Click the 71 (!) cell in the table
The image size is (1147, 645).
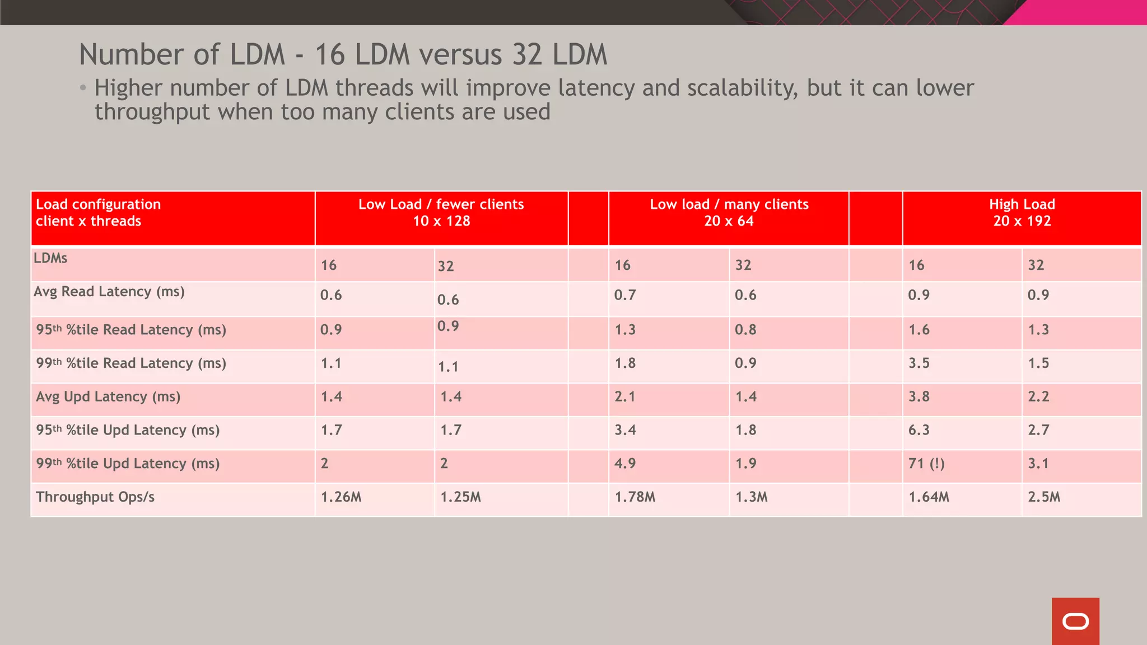926,464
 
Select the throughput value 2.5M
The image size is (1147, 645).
1044,497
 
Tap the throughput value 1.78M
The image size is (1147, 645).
635,497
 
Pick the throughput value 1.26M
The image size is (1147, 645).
341,497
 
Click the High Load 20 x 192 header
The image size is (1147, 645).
1022,213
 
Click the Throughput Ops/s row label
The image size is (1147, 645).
95,497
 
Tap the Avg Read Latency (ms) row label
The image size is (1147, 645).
109,292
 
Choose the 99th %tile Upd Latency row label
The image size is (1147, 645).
128,464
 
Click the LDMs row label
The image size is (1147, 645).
50,258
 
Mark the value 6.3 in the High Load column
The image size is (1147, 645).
918,430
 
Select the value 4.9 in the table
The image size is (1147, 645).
624,464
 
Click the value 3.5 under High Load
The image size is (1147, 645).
918,363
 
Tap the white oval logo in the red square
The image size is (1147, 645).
1075,621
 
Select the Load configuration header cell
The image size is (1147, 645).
98,213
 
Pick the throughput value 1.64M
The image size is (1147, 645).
929,497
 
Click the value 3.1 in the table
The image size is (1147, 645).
1038,464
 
